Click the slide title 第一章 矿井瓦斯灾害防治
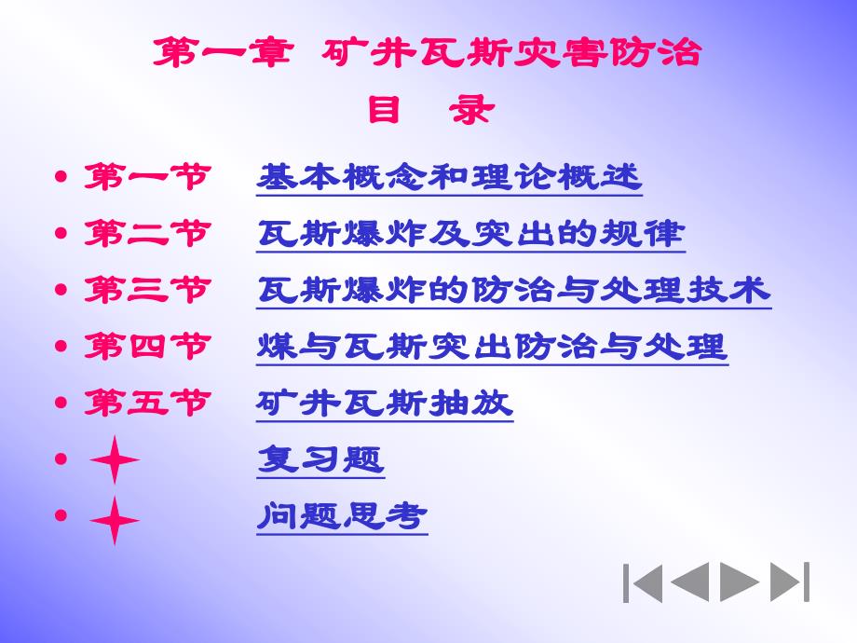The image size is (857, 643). click(x=428, y=53)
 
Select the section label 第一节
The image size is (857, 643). click(x=146, y=176)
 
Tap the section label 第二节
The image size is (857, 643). click(x=146, y=233)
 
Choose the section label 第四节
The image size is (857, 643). click(x=146, y=347)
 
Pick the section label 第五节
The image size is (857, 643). click(x=146, y=404)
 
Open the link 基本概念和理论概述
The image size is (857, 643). click(x=449, y=176)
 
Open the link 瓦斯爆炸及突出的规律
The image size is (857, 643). click(x=470, y=233)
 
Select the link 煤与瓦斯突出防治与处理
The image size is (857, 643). click(x=492, y=347)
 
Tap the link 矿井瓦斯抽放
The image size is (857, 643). click(x=385, y=404)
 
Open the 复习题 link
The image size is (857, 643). click(x=320, y=459)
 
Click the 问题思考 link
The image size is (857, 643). click(x=342, y=515)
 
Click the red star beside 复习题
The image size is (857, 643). click(x=114, y=460)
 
